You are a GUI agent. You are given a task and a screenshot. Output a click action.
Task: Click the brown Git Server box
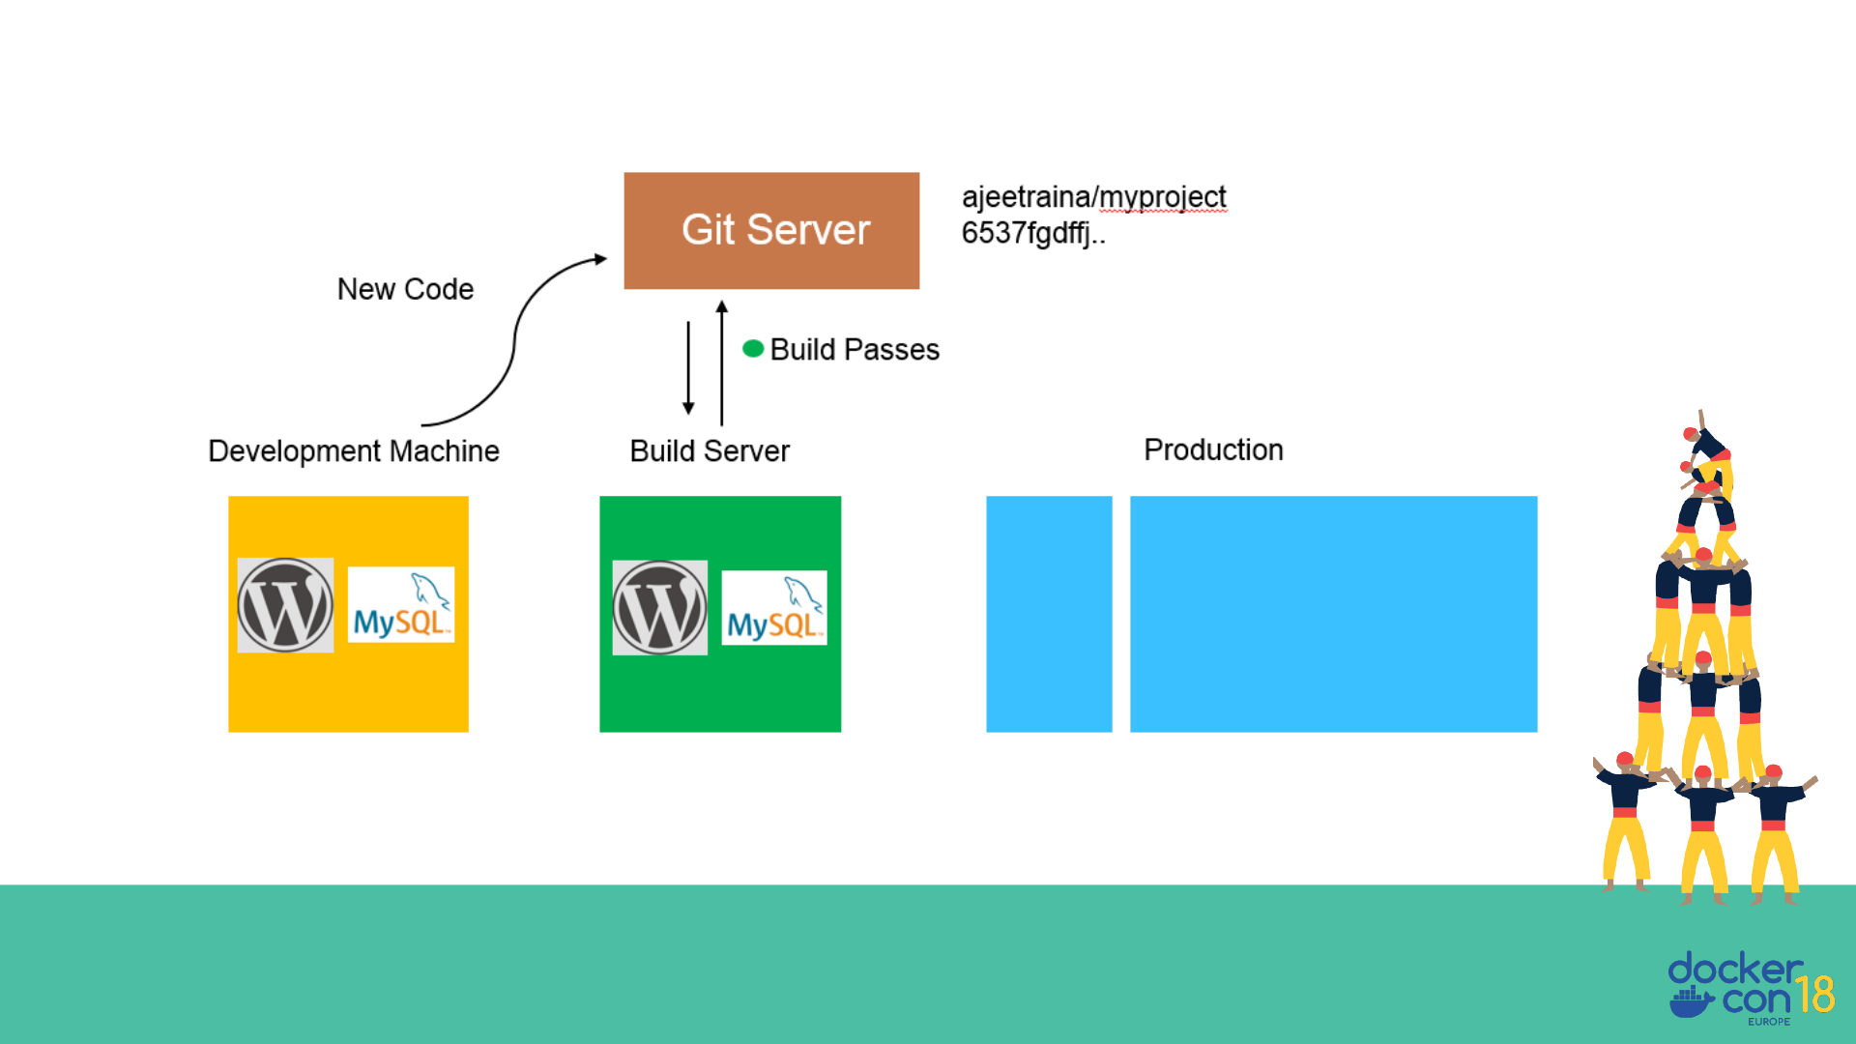point(771,230)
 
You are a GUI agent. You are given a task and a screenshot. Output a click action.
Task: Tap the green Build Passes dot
point(753,348)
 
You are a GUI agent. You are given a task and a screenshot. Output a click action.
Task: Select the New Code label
point(405,289)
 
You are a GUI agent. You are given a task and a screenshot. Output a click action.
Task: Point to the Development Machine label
point(354,450)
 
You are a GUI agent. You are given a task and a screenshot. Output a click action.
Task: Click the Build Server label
point(710,450)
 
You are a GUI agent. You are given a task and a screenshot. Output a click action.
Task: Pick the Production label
point(1213,449)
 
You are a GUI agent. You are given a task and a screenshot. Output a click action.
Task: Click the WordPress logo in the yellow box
point(285,605)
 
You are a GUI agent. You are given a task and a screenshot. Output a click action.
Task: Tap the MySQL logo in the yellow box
point(400,604)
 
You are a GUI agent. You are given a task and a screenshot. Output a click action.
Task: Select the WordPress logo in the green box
point(660,608)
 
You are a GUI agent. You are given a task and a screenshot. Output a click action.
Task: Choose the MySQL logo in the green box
point(774,607)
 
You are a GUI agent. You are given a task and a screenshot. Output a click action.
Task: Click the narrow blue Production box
point(1049,614)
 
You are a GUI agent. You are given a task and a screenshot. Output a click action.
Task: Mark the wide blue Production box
point(1333,614)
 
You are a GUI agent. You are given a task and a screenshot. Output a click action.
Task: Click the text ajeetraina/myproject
point(1093,196)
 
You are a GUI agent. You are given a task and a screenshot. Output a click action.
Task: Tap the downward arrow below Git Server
point(688,367)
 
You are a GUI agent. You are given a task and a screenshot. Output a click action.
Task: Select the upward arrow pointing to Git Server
point(721,362)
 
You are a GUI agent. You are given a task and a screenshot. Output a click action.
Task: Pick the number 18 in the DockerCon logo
point(1814,994)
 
